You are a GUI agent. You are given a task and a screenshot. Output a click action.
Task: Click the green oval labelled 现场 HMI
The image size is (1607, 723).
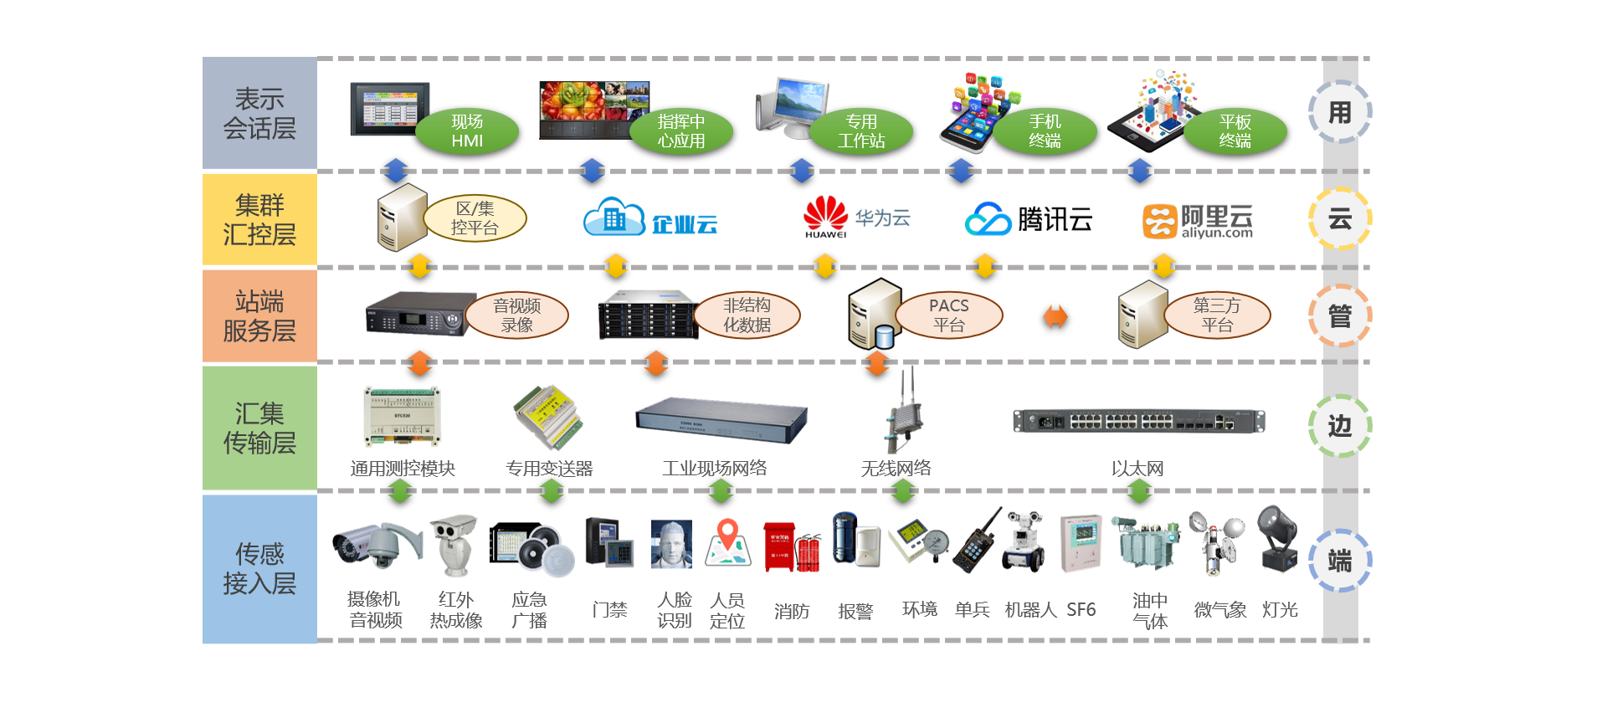[467, 131]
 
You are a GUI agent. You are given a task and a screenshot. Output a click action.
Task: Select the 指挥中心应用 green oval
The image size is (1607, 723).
[680, 131]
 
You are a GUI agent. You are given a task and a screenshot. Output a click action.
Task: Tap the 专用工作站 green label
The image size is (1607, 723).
[861, 131]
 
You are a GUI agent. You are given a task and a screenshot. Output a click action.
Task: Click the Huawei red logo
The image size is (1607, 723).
[825, 214]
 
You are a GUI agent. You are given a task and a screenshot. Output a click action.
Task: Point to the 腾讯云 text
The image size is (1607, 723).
[1055, 219]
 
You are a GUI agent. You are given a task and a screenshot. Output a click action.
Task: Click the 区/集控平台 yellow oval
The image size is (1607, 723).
[475, 218]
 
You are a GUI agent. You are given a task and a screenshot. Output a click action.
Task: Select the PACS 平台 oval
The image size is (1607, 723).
[949, 315]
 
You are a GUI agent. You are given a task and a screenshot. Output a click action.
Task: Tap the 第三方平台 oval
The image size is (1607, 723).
[1217, 315]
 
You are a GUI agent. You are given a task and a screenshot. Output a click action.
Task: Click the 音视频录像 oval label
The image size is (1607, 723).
[516, 315]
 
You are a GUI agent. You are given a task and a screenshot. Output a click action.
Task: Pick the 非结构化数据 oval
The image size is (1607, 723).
[747, 315]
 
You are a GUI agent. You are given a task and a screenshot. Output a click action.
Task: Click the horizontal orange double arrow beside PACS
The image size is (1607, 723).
[1055, 317]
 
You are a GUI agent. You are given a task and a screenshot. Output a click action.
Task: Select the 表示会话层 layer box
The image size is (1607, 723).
[259, 113]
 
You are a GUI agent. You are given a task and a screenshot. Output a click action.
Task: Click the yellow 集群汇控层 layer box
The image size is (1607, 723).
[259, 219]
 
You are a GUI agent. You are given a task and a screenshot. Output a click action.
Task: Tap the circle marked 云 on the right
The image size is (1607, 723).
[1339, 219]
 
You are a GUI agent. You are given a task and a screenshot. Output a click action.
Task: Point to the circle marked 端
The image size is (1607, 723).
[1339, 561]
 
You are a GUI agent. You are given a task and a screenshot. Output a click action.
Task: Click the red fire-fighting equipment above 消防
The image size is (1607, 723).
[791, 546]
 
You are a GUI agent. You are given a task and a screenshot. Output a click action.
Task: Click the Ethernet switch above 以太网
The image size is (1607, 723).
[1138, 421]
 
